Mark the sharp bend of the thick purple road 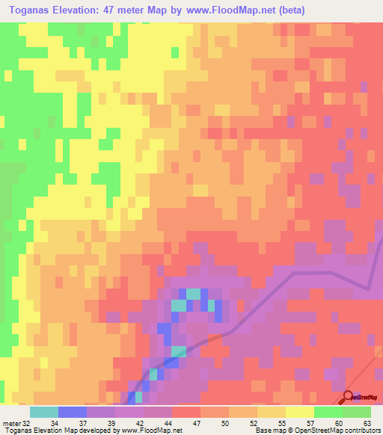pos(368,288)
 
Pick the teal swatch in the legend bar pos(44,412)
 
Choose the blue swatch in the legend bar pos(73,412)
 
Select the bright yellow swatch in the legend pos(300,412)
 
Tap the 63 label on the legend pos(367,423)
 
